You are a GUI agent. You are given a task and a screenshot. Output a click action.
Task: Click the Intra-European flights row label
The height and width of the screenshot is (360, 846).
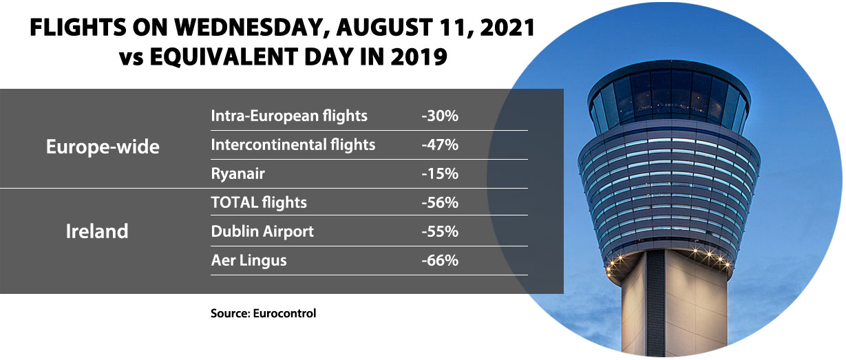coord(289,116)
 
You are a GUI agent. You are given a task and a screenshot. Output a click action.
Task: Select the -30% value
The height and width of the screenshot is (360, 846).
coord(440,116)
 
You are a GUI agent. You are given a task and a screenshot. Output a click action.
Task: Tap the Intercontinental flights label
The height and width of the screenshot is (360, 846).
coord(293,145)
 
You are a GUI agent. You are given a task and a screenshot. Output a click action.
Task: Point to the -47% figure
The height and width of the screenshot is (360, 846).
coord(440,145)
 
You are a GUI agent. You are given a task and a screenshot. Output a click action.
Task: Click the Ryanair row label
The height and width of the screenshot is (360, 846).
coord(238,173)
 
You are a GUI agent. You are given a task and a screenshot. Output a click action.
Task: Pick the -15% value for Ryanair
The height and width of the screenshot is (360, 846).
coord(440,173)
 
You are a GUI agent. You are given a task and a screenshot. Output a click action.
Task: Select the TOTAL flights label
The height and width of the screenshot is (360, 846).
coord(259,202)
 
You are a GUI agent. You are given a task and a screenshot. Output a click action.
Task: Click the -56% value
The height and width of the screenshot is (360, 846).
coord(440,202)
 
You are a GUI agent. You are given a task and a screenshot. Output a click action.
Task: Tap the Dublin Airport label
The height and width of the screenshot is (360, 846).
coord(262,231)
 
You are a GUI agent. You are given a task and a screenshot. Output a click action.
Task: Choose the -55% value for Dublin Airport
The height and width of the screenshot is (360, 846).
coord(440,231)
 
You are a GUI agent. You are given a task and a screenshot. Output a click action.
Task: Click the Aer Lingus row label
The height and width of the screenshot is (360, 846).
coord(249,261)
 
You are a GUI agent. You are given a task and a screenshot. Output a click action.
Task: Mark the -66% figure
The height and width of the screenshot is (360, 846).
coord(440,260)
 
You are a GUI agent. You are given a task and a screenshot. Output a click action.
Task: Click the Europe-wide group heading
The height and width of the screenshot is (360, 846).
coord(103,147)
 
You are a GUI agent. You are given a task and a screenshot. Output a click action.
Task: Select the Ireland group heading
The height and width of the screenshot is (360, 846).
coord(97,231)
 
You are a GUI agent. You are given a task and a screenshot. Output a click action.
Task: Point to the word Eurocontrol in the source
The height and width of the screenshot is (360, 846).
coord(284,313)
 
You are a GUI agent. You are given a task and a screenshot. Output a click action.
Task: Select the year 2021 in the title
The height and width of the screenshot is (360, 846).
coord(507,28)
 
